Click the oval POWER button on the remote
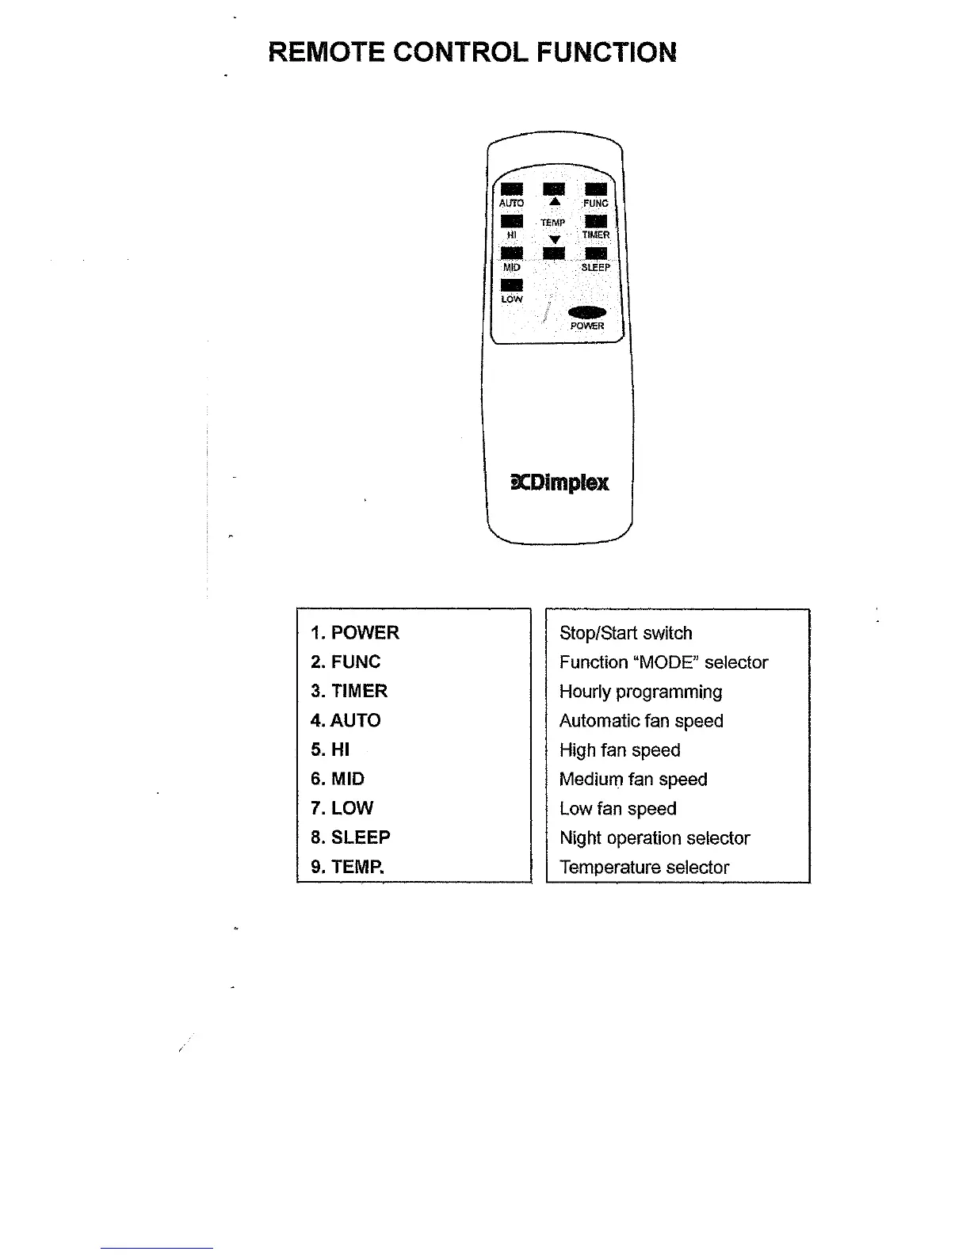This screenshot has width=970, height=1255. (587, 312)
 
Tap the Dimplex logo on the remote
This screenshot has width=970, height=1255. (561, 483)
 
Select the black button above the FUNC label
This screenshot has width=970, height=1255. (595, 189)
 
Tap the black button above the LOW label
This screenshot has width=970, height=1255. (512, 285)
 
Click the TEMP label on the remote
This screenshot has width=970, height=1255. (553, 223)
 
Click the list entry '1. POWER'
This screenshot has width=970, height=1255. (355, 632)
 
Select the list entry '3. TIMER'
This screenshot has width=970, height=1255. (349, 691)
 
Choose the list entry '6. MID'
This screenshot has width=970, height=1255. (338, 779)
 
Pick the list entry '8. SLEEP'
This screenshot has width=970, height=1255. (350, 837)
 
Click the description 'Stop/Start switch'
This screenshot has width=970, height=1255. (625, 633)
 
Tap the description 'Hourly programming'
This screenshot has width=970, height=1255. (640, 692)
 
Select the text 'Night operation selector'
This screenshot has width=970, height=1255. (655, 838)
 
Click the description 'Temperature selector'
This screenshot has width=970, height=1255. (643, 868)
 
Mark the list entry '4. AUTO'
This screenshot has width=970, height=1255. (346, 720)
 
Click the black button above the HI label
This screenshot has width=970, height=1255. (512, 221)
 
